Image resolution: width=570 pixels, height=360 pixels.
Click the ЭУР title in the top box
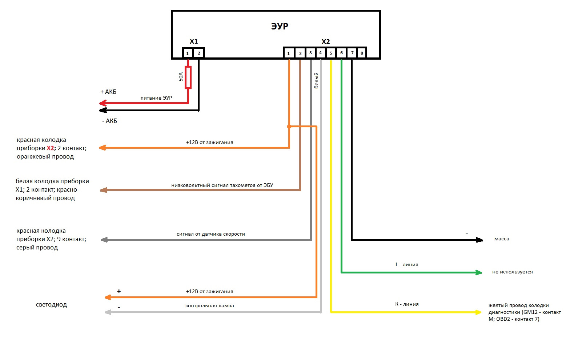coord(280,26)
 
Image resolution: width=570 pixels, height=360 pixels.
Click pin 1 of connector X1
coord(188,53)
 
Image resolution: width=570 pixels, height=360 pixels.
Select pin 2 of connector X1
coord(199,53)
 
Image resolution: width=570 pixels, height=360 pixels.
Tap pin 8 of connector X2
coord(362,53)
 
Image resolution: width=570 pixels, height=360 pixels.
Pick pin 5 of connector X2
coord(331,53)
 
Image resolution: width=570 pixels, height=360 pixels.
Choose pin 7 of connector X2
coord(352,53)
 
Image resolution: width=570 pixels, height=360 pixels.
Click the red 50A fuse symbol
coord(188,77)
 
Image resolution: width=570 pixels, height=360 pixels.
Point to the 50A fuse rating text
coord(181,77)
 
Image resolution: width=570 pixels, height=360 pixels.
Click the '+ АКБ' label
coord(108,92)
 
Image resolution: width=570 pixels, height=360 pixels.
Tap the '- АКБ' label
coord(109,121)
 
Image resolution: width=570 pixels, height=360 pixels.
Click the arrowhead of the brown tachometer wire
coord(103,190)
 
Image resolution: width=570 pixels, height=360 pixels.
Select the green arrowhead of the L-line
coord(479,272)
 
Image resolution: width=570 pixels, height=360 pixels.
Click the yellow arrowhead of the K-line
coord(479,312)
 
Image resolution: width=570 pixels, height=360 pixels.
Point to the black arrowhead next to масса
coord(480,240)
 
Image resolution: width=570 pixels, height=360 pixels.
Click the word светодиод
coord(51,305)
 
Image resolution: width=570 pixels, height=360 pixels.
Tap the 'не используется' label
coord(512,272)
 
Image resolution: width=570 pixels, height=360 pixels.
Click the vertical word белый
coord(316,80)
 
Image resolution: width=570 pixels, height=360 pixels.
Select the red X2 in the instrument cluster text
coord(50,148)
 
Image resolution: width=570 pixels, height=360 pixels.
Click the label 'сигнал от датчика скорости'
coord(211,234)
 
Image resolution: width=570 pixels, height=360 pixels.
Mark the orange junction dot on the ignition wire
coord(289,127)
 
